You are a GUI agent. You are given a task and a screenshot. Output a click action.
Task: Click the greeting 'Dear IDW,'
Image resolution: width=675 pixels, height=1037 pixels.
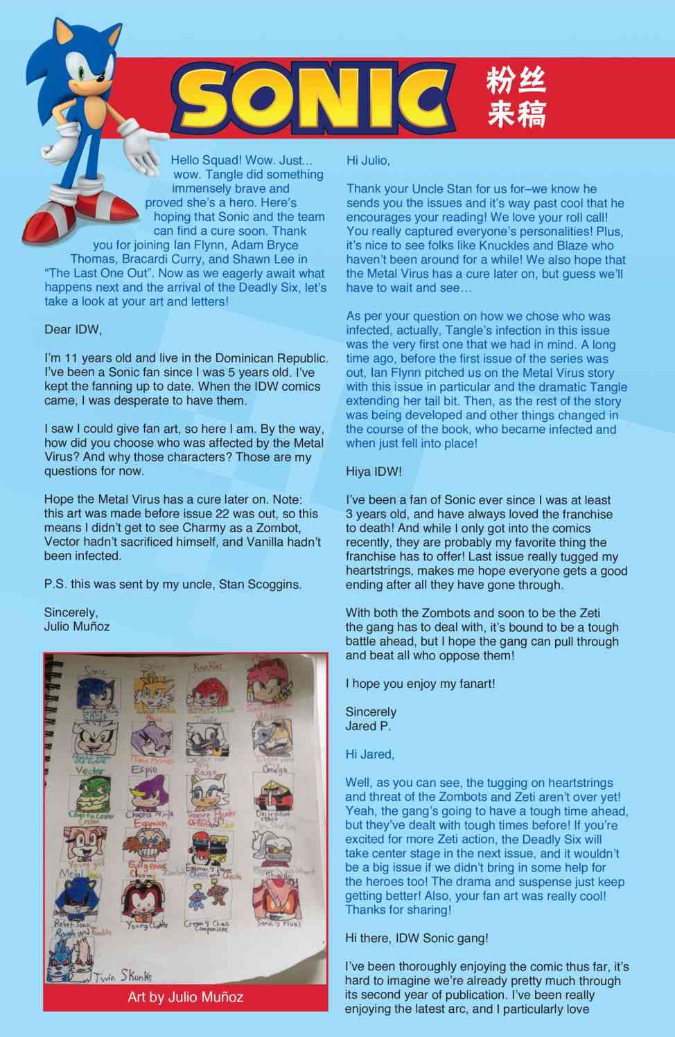click(73, 330)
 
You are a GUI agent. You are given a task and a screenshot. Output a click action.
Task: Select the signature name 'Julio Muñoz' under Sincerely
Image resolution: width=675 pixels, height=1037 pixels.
click(77, 626)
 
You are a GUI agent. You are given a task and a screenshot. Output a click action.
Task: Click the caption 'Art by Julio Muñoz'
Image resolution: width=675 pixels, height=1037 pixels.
click(185, 998)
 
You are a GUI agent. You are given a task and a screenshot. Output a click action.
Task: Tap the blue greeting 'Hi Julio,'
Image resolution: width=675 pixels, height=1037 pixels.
click(368, 161)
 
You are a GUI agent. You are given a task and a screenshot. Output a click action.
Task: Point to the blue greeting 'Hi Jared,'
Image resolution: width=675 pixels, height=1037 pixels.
click(370, 754)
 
